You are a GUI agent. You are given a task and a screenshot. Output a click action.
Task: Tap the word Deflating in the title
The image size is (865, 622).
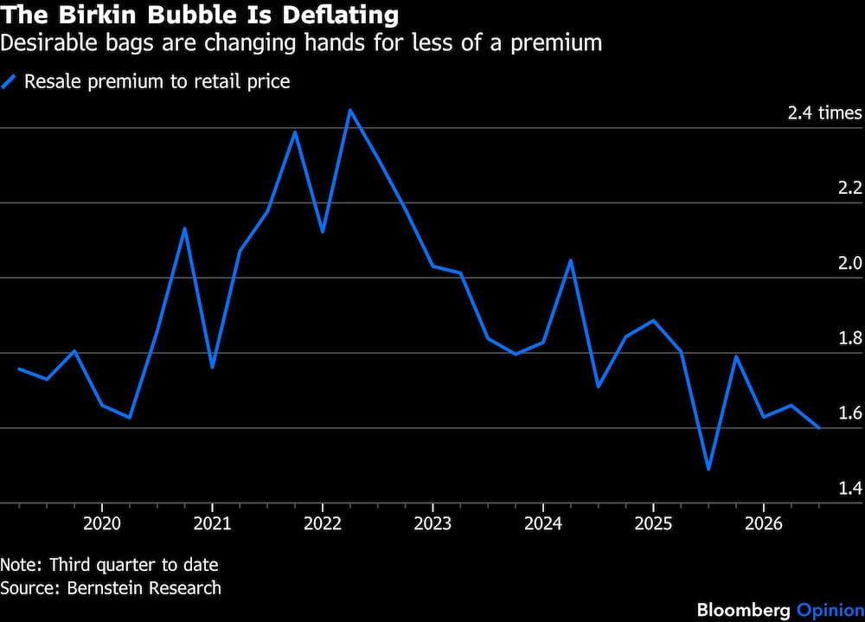pyautogui.click(x=340, y=15)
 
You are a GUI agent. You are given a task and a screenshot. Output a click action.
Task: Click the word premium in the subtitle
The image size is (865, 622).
pyautogui.click(x=556, y=44)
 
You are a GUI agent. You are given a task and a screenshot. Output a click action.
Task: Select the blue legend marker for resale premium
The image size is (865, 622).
pyautogui.click(x=9, y=81)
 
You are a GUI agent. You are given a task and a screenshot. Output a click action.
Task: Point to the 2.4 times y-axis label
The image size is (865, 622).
pyautogui.click(x=824, y=113)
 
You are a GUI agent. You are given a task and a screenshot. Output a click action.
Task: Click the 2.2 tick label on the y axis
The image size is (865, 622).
pyautogui.click(x=850, y=189)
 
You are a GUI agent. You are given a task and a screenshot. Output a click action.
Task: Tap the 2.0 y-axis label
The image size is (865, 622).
pyautogui.click(x=850, y=263)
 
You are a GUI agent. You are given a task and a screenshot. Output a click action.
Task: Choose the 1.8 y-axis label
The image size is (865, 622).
pyautogui.click(x=850, y=338)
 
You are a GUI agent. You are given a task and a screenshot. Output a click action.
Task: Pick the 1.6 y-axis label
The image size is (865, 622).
pyautogui.click(x=850, y=413)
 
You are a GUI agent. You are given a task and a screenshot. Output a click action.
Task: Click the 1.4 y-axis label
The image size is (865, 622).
pyautogui.click(x=850, y=488)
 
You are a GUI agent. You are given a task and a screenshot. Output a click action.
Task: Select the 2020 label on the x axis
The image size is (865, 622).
pyautogui.click(x=102, y=523)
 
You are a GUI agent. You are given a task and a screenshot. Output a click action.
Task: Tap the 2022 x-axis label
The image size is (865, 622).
pyautogui.click(x=323, y=523)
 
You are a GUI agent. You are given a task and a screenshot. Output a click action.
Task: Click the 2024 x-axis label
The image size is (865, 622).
pyautogui.click(x=543, y=523)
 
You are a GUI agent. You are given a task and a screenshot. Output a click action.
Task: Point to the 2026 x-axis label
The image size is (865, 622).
pyautogui.click(x=764, y=523)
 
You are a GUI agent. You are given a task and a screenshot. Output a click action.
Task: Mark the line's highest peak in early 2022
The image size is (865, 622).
pyautogui.click(x=349, y=110)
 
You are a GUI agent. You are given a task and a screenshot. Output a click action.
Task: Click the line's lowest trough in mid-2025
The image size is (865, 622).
pyautogui.click(x=708, y=469)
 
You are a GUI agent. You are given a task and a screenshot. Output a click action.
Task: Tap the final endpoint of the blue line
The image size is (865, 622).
pyautogui.click(x=819, y=428)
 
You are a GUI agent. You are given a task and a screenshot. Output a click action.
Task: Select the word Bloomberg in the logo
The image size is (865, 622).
pyautogui.click(x=743, y=610)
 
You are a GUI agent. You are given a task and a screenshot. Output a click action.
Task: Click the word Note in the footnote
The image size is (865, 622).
pyautogui.click(x=20, y=565)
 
